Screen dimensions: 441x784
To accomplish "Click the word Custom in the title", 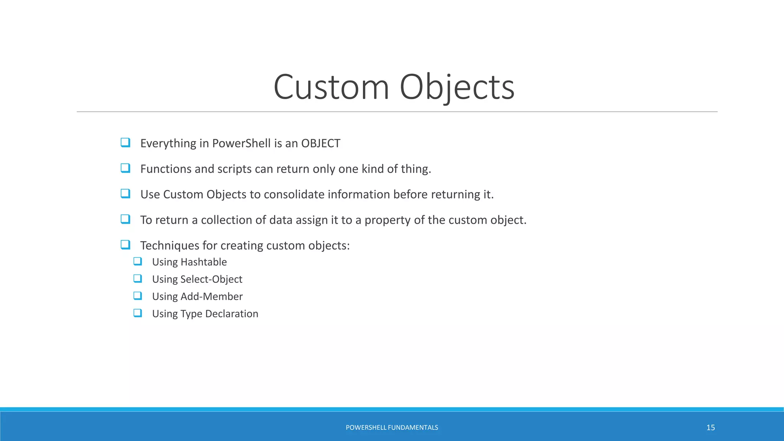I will pyautogui.click(x=331, y=87).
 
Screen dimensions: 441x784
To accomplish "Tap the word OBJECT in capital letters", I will pyautogui.click(x=320, y=143).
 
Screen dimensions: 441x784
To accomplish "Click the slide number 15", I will pyautogui.click(x=710, y=428).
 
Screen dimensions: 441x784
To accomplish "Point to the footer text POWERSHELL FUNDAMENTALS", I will pyautogui.click(x=392, y=428).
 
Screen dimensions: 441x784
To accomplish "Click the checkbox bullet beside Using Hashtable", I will pyautogui.click(x=137, y=261).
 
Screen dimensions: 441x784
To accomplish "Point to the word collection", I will pyautogui.click(x=226, y=220).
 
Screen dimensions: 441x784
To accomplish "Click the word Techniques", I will pyautogui.click(x=170, y=245).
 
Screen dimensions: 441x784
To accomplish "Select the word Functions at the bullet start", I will pyautogui.click(x=166, y=169).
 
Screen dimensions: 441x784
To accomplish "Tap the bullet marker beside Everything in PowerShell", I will pyautogui.click(x=125, y=143).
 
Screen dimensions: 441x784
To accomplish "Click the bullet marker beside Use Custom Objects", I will pyautogui.click(x=125, y=194).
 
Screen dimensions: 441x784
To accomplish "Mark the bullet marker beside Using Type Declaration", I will pyautogui.click(x=137, y=313).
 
